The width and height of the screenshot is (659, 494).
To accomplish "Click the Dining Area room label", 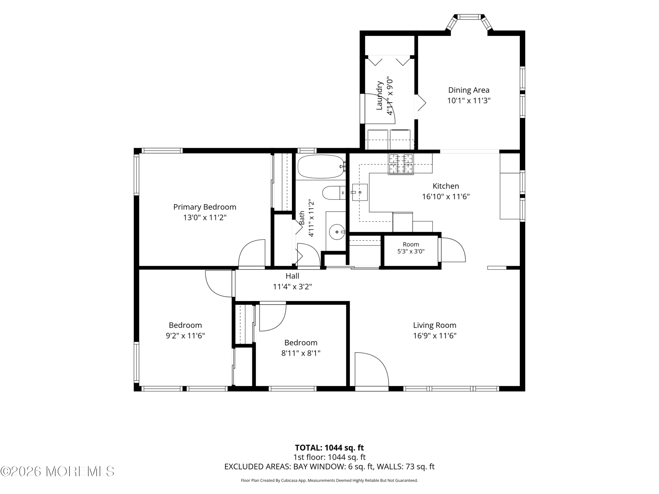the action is click(x=469, y=90).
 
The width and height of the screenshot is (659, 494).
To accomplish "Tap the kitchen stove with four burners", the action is click(x=401, y=164).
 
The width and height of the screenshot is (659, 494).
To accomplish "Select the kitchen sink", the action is click(x=360, y=192).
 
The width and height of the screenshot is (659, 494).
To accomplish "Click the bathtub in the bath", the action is click(x=321, y=166).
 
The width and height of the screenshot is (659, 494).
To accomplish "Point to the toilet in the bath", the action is click(x=334, y=193).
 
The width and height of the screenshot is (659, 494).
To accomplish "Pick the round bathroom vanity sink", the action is click(x=337, y=232).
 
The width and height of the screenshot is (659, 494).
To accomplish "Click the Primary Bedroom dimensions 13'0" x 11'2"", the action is click(x=205, y=218).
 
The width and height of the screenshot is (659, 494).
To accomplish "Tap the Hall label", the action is click(x=292, y=276).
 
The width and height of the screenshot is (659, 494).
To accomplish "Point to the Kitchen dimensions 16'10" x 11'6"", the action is click(x=446, y=197).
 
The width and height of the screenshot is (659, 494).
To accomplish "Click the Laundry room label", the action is click(x=379, y=95).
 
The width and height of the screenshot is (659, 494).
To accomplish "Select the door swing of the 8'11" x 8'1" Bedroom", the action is click(x=273, y=316).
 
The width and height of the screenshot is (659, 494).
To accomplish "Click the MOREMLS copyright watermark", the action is click(x=57, y=471).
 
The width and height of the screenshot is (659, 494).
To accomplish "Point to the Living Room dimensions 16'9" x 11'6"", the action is click(x=435, y=336).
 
